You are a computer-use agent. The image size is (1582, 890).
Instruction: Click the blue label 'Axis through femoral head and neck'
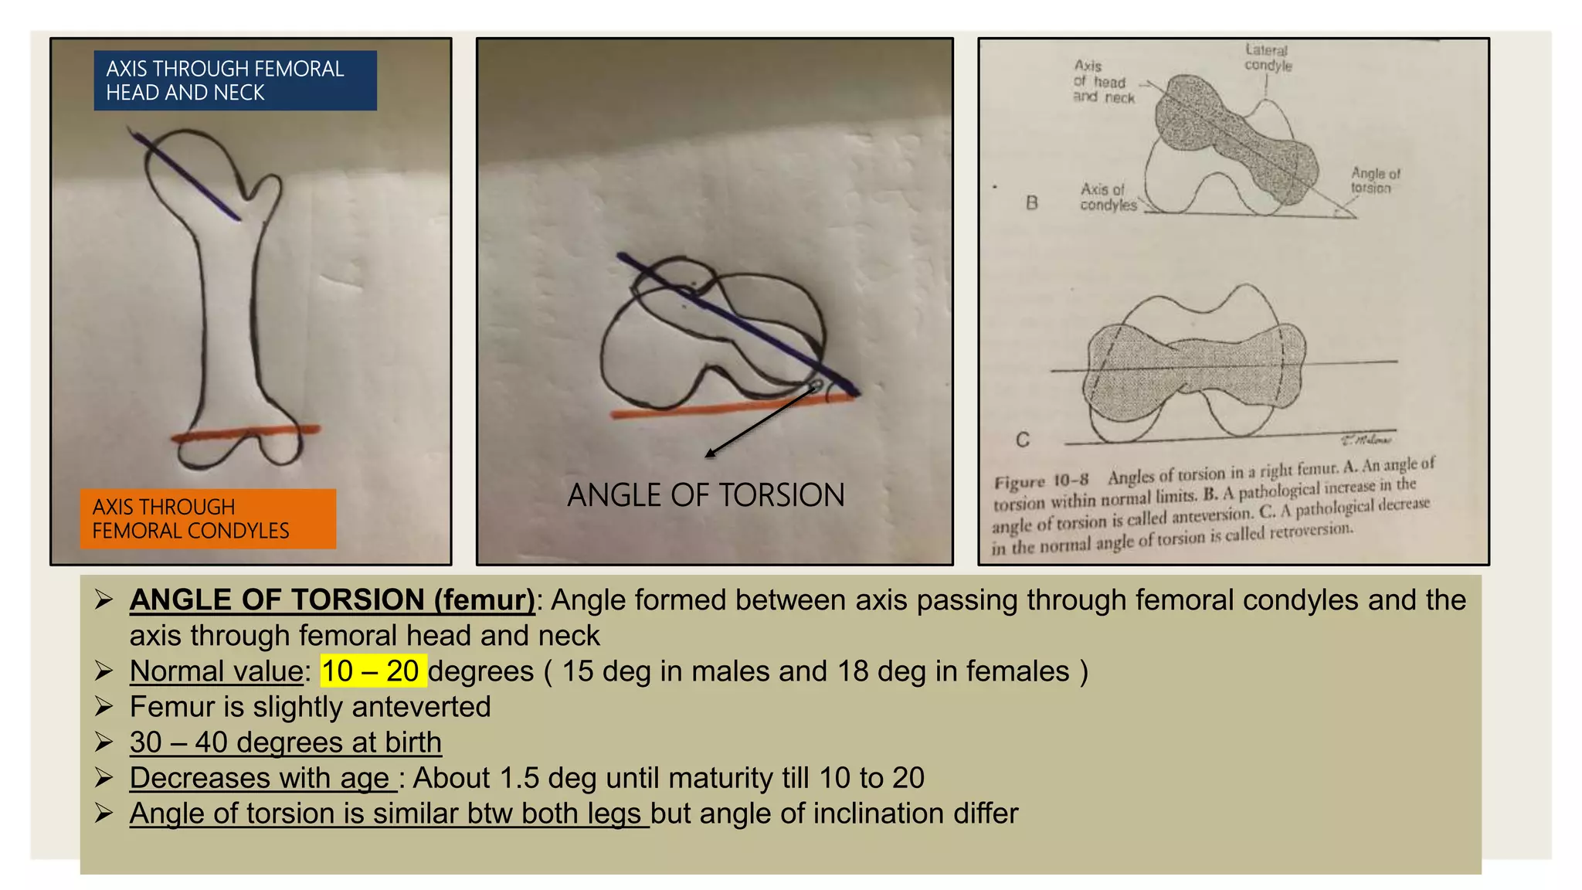point(235,80)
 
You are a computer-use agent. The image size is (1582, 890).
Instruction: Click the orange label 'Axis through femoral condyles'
point(208,519)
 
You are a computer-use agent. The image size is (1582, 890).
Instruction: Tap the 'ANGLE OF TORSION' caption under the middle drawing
point(706,495)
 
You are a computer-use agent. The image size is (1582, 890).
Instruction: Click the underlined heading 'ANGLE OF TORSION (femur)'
point(332,600)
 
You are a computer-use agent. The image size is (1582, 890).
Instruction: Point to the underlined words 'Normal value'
point(216,671)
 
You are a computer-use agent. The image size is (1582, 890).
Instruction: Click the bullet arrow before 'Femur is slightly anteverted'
point(104,707)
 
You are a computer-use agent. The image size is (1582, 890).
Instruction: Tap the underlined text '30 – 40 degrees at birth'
point(285,742)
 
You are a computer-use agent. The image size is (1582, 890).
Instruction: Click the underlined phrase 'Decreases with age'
point(263,778)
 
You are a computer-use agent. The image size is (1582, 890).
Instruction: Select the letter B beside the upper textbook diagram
point(1032,203)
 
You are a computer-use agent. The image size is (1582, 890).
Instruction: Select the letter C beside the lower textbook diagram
point(1023,440)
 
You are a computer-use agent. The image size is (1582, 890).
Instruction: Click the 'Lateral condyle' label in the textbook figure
point(1268,58)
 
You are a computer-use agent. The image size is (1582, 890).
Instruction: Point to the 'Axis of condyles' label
point(1108,197)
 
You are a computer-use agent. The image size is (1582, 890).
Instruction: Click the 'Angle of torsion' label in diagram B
point(1375,181)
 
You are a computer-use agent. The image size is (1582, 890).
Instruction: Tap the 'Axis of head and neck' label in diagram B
point(1104,82)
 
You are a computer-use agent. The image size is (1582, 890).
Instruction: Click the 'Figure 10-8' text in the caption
point(1041,482)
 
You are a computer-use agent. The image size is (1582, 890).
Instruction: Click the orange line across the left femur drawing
point(246,433)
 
